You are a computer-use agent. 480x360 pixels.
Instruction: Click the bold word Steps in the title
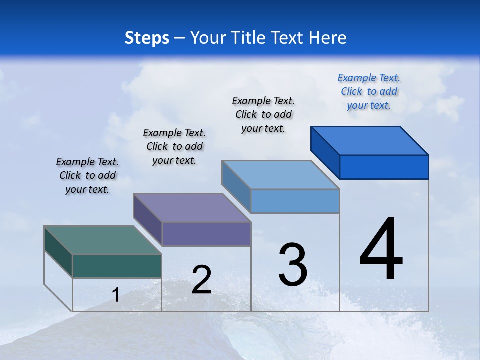[147, 38]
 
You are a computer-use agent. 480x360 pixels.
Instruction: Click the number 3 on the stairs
[293, 265]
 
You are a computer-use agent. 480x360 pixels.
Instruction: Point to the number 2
[201, 280]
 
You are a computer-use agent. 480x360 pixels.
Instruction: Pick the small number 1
[115, 295]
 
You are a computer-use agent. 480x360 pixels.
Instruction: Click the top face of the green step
[102, 240]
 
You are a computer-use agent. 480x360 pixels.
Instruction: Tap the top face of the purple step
[192, 208]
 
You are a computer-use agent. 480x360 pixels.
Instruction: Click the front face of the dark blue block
[384, 167]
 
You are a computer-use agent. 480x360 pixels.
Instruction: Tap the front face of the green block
[117, 266]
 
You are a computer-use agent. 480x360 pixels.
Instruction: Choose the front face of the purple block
[206, 234]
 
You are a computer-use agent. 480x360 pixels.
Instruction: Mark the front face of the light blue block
[295, 201]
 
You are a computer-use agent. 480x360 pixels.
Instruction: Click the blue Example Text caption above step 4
[369, 91]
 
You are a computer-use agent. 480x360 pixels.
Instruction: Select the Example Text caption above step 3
[263, 114]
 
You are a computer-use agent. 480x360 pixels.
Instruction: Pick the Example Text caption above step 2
[174, 146]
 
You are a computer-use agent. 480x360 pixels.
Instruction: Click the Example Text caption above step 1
[87, 175]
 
